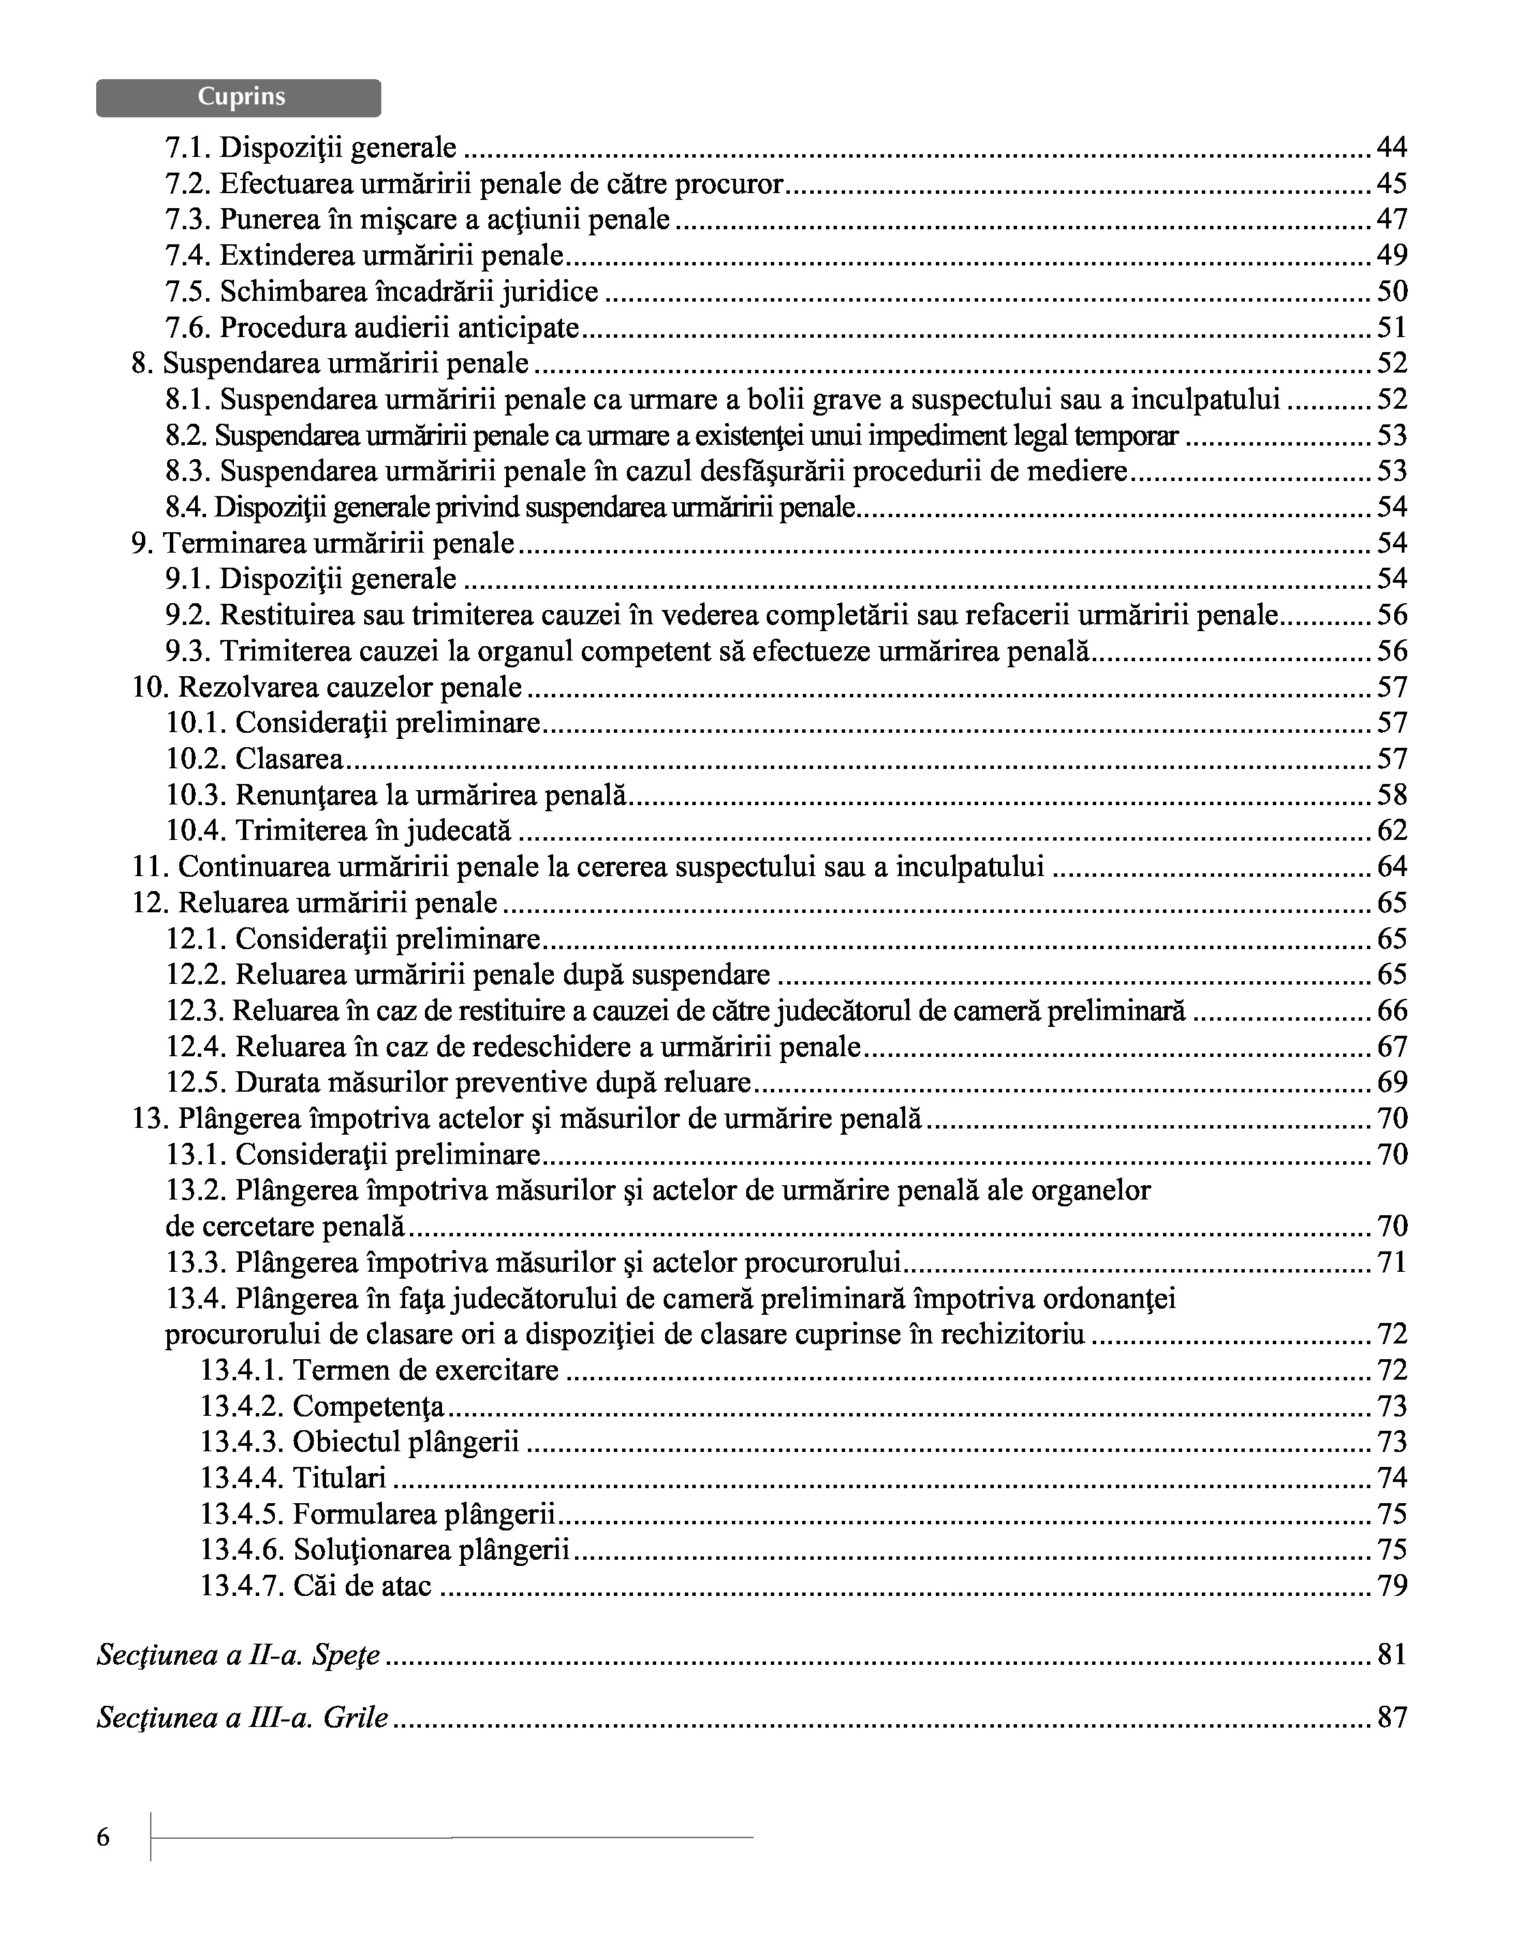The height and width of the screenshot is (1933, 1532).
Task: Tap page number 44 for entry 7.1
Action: click(1391, 147)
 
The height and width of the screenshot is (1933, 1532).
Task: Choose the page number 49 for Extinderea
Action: click(1391, 255)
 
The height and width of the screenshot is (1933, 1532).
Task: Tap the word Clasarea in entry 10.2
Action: click(289, 759)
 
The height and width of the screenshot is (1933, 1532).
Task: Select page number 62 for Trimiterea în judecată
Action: click(1391, 831)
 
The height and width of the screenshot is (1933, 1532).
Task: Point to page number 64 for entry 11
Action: click(1391, 867)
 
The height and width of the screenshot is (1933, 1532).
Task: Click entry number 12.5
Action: click(194, 1083)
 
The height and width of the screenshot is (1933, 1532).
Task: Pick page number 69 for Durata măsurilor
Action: click(1391, 1083)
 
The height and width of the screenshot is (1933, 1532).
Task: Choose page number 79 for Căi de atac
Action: click(1391, 1586)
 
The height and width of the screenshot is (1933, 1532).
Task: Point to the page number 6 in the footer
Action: click(103, 1838)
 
